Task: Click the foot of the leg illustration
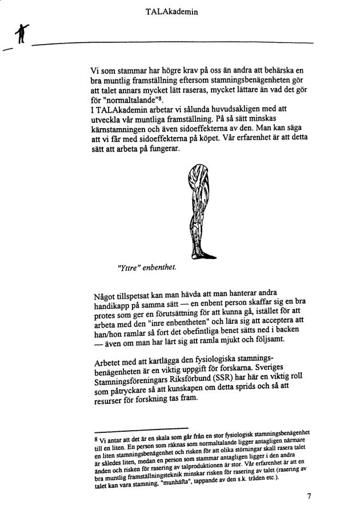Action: (206, 253)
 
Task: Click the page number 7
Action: (309, 496)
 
